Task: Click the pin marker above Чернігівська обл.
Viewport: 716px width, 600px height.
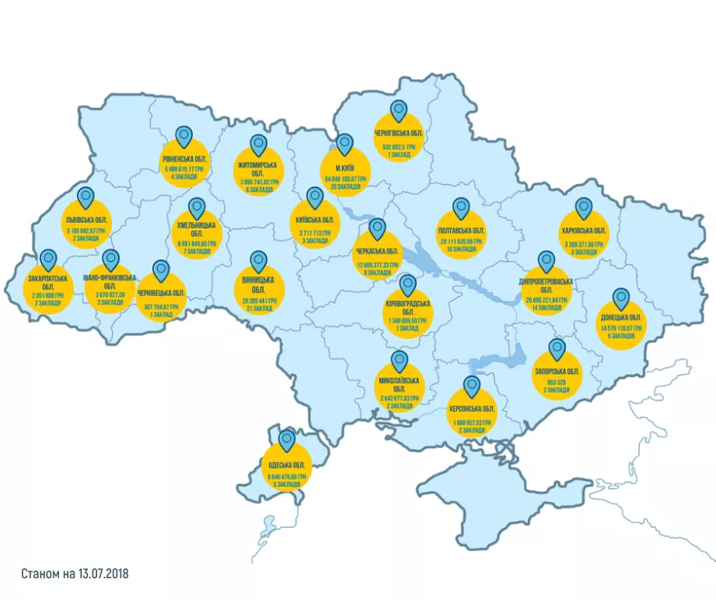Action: [x=399, y=111]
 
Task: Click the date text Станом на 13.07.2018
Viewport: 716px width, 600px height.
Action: [x=75, y=574]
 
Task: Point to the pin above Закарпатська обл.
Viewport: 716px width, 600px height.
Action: [x=49, y=260]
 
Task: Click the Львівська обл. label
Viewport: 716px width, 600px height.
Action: [x=86, y=222]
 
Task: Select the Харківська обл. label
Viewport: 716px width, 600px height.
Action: [x=583, y=231]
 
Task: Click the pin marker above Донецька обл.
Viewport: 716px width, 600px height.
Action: [x=621, y=299]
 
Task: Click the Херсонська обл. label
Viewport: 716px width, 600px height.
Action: [x=472, y=409]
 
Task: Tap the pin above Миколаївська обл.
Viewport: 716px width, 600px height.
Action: [x=400, y=361]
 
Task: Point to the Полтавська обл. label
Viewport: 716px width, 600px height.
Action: [x=462, y=231]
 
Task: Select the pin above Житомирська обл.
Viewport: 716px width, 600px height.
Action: [x=258, y=145]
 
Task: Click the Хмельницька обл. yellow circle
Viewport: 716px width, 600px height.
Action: [x=197, y=235]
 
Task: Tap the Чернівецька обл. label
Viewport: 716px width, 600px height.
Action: [x=161, y=293]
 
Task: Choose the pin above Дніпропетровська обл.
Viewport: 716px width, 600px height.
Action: [x=545, y=262]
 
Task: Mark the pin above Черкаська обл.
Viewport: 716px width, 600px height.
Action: [x=377, y=228]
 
